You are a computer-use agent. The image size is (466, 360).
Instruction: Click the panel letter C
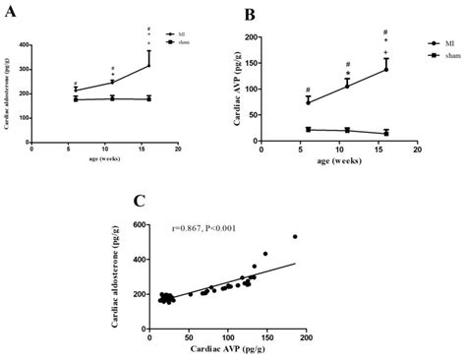pyautogui.click(x=140, y=203)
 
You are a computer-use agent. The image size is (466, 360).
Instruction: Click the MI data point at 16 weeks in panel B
pyautogui.click(x=386, y=69)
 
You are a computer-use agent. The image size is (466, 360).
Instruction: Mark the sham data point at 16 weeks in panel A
pyautogui.click(x=148, y=98)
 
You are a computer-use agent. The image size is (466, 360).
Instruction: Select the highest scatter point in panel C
pyautogui.click(x=294, y=236)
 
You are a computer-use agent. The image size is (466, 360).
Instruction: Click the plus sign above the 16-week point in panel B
pyautogui.click(x=386, y=51)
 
